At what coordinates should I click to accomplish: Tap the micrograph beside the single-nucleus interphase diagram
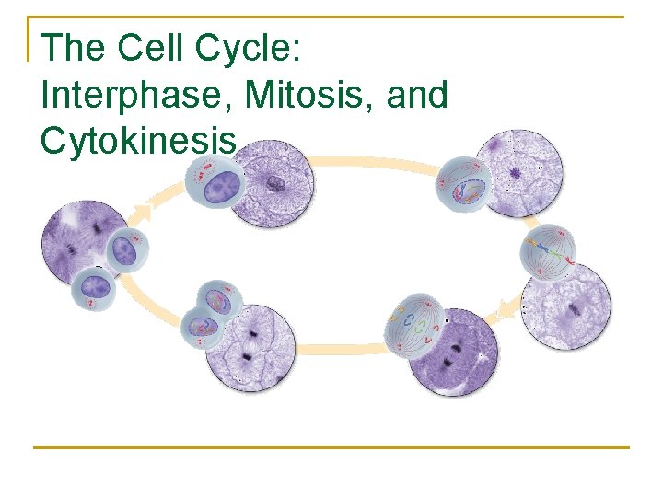pos(273,183)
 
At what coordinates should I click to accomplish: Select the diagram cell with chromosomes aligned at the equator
pos(548,251)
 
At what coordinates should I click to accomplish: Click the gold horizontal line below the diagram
pos(331,447)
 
